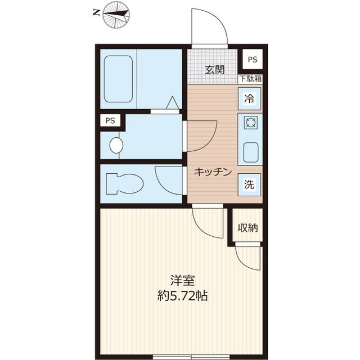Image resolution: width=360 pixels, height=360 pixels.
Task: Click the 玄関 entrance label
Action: (x=214, y=70)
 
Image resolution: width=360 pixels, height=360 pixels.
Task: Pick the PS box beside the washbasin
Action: (x=110, y=120)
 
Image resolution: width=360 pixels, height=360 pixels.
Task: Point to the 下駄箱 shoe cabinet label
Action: (x=250, y=79)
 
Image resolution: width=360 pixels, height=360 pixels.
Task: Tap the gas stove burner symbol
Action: (x=250, y=122)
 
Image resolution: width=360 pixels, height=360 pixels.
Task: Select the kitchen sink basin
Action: (x=250, y=151)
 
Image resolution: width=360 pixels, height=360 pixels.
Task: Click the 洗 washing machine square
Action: (x=249, y=183)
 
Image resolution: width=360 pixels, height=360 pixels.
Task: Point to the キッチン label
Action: (x=213, y=173)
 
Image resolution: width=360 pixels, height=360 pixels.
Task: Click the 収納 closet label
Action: (x=247, y=228)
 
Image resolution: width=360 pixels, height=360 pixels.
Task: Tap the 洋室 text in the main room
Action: (x=182, y=280)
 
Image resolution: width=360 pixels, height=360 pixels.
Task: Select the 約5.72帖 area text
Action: (x=182, y=296)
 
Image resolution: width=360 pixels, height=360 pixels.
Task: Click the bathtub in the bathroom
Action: (x=118, y=78)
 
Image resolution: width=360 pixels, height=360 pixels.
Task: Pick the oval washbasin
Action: (x=116, y=145)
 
